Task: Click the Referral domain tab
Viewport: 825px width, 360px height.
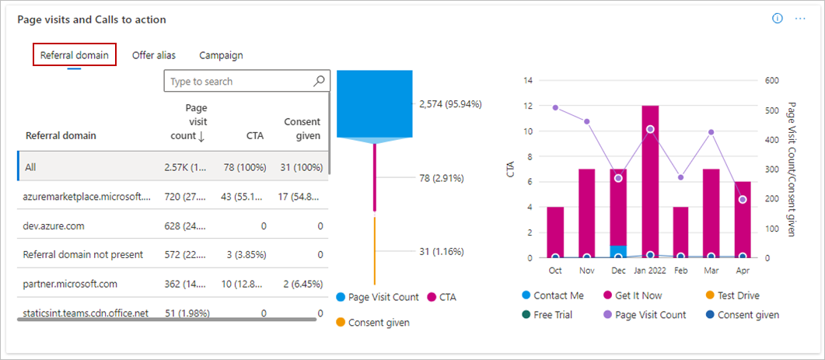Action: point(74,55)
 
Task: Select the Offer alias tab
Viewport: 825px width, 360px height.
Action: point(153,55)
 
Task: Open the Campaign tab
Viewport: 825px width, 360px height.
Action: point(221,55)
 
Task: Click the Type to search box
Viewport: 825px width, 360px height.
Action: point(239,81)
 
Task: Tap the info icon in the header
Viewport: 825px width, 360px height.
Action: point(777,19)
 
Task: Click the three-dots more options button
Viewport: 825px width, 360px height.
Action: point(800,19)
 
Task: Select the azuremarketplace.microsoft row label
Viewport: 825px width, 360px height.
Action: point(86,197)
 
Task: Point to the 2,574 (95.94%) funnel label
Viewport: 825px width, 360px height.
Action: point(450,103)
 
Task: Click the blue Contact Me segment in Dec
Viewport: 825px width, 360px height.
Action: point(618,251)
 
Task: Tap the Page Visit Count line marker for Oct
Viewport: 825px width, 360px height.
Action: point(555,107)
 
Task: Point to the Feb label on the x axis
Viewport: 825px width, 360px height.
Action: point(681,271)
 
